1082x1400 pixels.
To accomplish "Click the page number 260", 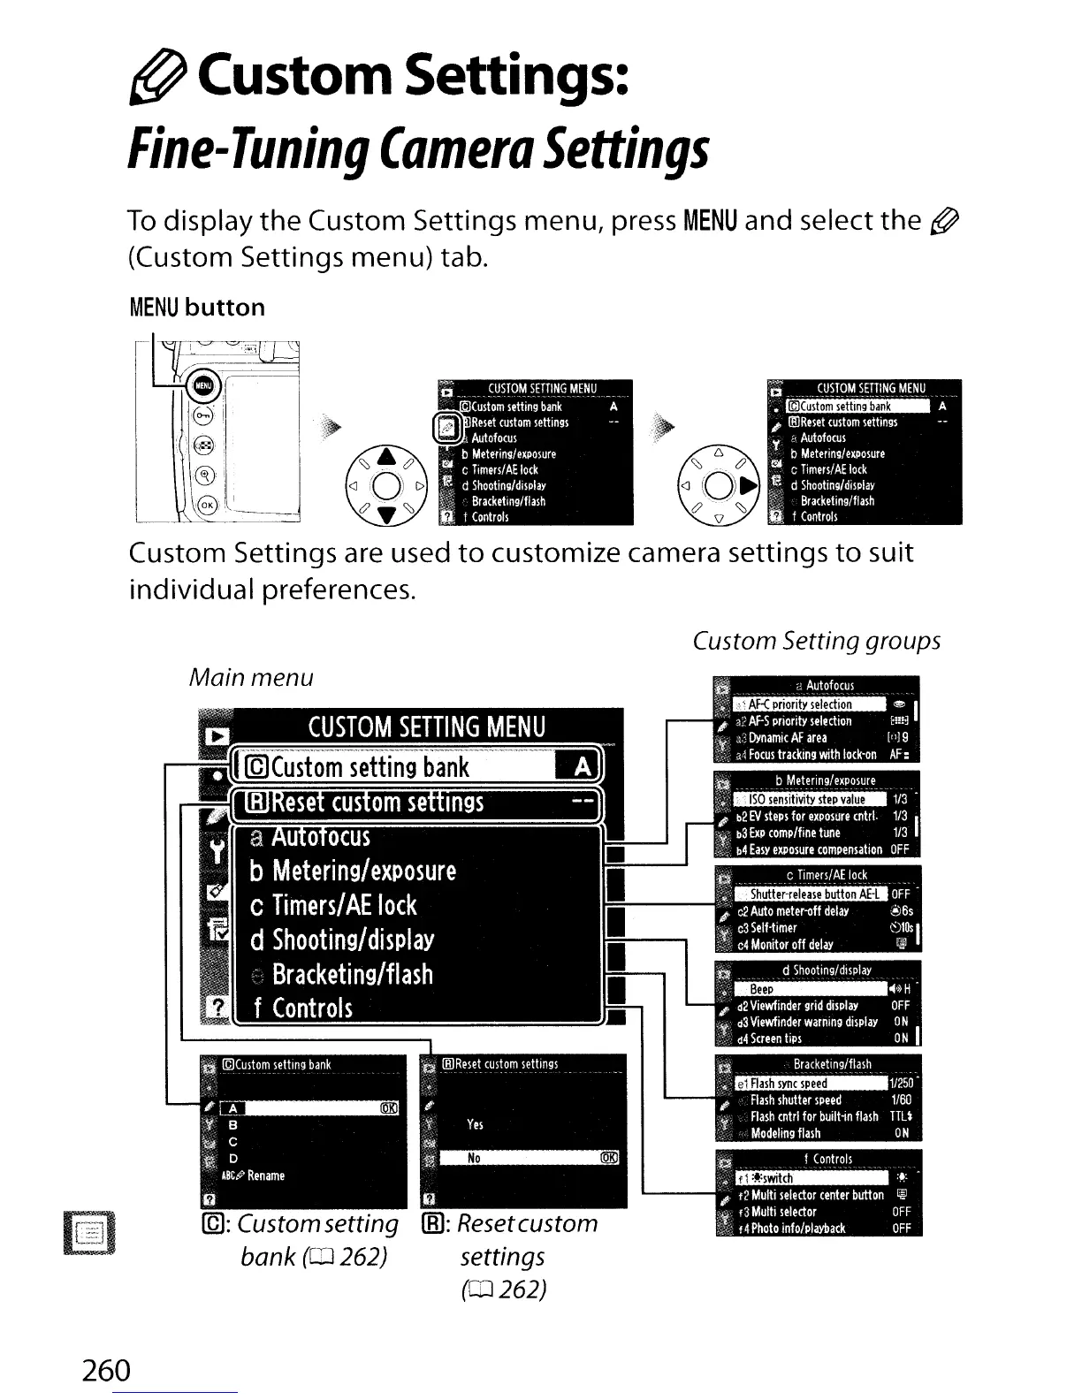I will coord(105,1371).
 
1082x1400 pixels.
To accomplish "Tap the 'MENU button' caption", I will coord(196,308).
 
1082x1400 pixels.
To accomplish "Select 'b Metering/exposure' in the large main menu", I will coord(363,871).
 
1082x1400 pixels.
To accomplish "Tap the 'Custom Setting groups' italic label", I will coord(816,641).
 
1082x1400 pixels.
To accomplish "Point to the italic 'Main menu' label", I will coord(251,678).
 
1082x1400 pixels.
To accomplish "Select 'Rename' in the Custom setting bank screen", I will coord(265,1176).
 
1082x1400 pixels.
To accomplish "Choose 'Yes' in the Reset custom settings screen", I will coord(475,1124).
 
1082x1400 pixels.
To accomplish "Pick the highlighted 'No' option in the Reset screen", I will coord(475,1159).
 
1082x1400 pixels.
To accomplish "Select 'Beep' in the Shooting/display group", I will coord(761,990).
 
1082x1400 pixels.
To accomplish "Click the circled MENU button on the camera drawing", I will coord(203,385).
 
